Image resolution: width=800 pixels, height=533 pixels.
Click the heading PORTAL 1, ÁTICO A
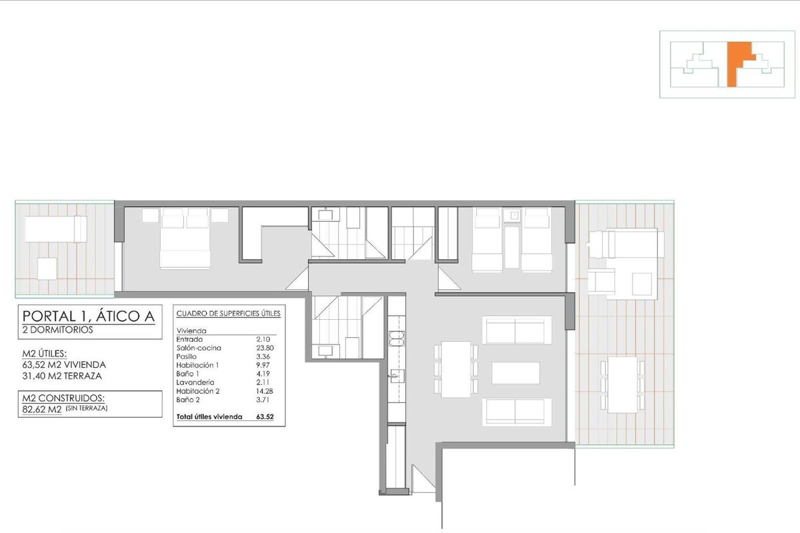tap(89, 316)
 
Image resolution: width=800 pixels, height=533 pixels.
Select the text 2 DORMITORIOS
tap(57, 330)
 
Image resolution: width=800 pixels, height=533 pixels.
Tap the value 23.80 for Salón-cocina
tap(263, 348)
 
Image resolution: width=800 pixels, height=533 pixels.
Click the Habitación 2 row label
tap(198, 391)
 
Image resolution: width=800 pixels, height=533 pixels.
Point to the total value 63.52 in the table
tap(265, 416)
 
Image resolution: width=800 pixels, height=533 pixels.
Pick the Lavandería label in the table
tap(195, 382)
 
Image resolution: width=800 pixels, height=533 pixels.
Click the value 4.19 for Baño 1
tap(263, 374)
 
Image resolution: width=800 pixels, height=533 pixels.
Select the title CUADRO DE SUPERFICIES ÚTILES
tap(229, 313)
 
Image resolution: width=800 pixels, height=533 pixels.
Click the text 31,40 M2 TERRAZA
tap(62, 376)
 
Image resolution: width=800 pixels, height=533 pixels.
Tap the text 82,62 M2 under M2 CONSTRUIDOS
tap(42, 409)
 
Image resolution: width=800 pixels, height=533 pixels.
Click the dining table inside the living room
tap(456, 370)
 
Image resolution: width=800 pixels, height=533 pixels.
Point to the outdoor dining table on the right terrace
tap(623, 385)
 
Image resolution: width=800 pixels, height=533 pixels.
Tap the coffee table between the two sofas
tap(515, 373)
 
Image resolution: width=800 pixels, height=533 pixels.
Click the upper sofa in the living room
tap(517, 330)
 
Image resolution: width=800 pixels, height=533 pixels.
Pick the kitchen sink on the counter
tap(397, 376)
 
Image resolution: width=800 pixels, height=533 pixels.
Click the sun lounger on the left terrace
tap(56, 229)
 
